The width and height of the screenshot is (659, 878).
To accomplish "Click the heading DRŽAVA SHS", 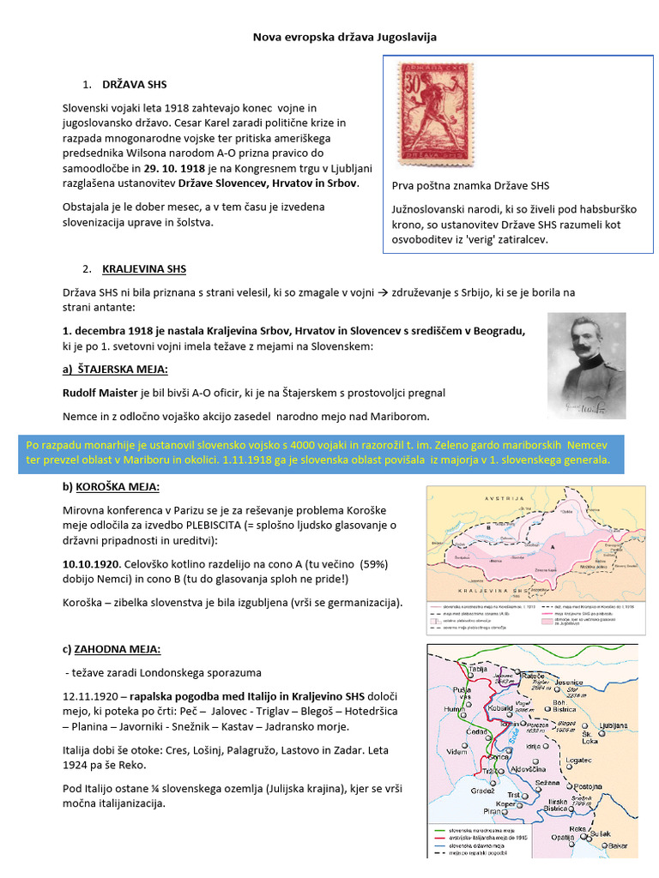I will point(135,86).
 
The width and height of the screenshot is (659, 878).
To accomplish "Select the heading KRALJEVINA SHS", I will point(143,268).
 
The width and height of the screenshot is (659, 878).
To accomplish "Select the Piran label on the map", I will point(492,811).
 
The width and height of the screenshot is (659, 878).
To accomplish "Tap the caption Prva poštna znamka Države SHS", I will point(470,186).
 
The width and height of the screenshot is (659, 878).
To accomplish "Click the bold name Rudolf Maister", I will point(100,393).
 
